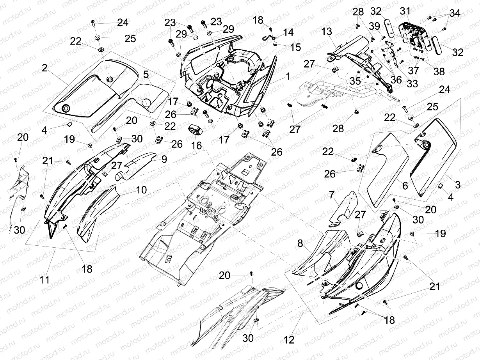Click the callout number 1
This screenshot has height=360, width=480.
tap(288, 77)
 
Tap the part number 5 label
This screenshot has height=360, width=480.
tap(146, 74)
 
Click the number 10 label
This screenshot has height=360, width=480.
tap(141, 190)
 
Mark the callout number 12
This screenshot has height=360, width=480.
tap(289, 340)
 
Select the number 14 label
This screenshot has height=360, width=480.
tap(288, 32)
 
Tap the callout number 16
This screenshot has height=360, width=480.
tap(196, 145)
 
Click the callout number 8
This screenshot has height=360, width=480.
tap(300, 243)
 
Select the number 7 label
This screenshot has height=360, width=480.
tap(331, 194)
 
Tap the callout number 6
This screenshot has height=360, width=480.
tap(405, 186)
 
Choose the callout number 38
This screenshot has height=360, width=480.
tap(439, 72)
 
